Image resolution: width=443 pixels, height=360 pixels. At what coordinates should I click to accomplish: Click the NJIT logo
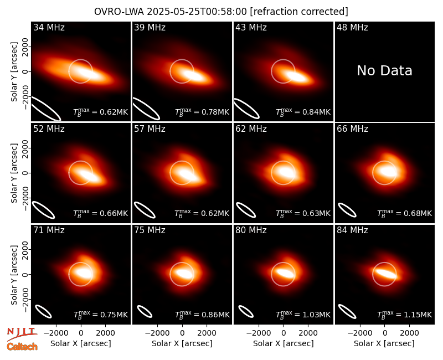[x=22, y=333]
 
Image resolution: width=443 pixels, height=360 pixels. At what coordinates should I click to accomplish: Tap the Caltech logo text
[x=22, y=347]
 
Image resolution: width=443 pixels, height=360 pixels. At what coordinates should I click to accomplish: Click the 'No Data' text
[x=384, y=70]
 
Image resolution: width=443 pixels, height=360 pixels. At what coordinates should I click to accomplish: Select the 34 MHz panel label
[x=49, y=27]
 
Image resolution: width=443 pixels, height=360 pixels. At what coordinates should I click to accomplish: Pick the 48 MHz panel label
[x=352, y=27]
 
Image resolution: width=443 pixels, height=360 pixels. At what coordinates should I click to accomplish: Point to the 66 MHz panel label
[x=352, y=129]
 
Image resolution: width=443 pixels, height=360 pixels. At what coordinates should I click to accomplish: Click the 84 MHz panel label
[x=352, y=230]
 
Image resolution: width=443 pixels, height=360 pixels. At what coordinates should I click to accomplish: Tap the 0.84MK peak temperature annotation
[x=303, y=112]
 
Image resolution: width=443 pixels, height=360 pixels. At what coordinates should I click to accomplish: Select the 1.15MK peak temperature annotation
[x=404, y=315]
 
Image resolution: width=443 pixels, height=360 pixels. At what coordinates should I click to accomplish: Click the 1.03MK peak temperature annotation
[x=303, y=315]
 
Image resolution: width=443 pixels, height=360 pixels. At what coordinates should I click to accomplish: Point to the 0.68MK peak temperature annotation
[x=404, y=213]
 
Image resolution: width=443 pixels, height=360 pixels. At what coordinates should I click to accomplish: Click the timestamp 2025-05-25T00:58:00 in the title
[x=197, y=12]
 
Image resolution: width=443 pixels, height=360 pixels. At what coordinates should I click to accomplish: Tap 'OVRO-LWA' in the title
[x=119, y=12]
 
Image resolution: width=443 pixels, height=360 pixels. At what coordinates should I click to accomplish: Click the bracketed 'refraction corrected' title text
[x=299, y=12]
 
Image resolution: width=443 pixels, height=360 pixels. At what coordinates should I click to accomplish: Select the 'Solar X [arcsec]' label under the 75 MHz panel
[x=182, y=343]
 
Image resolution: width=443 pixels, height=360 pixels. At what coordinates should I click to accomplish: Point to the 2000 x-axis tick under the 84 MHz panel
[x=409, y=333]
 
